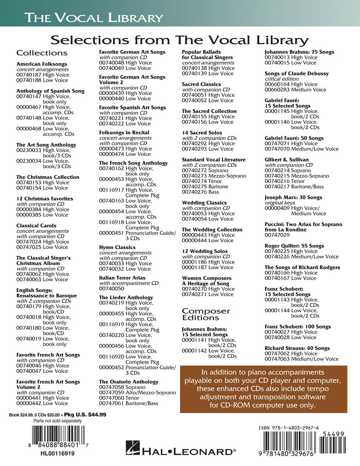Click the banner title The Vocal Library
click(x=93, y=18)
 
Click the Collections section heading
click(x=42, y=53)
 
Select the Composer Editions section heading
click(x=206, y=314)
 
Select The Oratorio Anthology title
click(x=129, y=381)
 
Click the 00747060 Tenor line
click(x=120, y=398)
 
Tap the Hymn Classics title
click(x=117, y=247)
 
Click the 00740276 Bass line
click(x=200, y=192)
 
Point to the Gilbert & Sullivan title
click(x=287, y=160)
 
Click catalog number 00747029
click(x=277, y=235)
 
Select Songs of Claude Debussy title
click(x=297, y=73)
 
